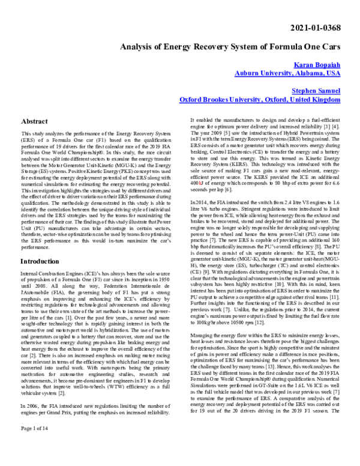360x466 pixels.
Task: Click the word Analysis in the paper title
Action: click(x=138, y=47)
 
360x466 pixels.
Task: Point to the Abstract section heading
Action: click(x=34, y=121)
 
